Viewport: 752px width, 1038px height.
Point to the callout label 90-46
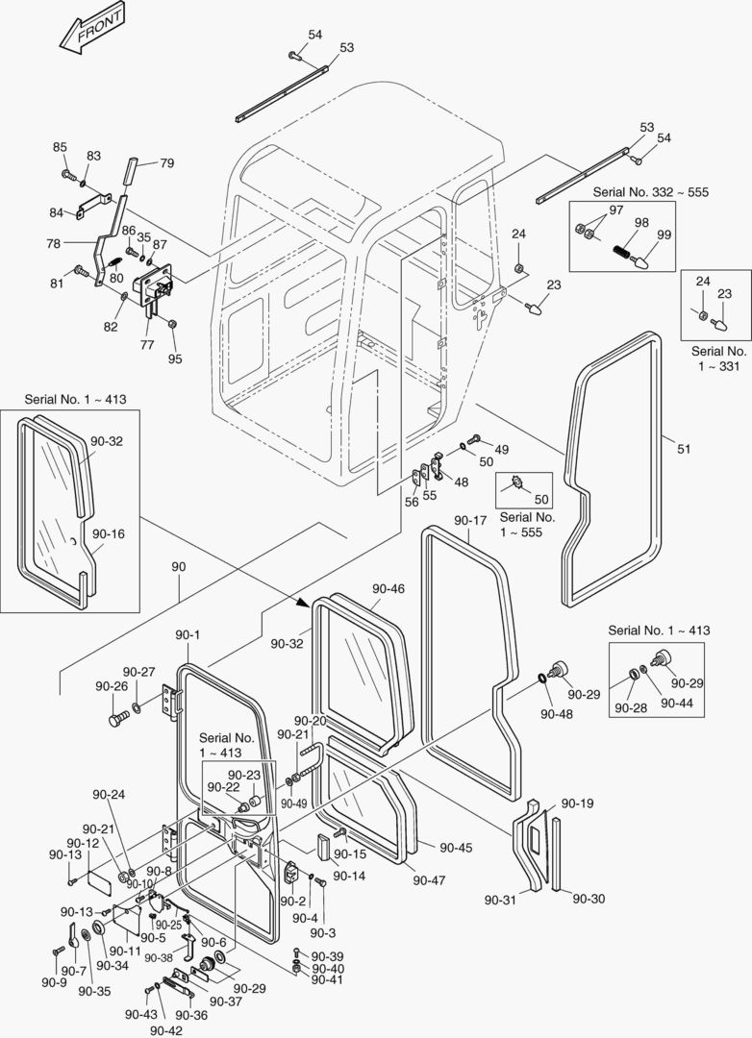(389, 588)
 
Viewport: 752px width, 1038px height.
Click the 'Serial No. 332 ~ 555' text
(650, 192)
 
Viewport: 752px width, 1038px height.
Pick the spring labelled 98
(626, 255)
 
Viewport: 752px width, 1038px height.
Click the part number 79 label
(166, 163)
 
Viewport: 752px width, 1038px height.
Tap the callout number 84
(57, 212)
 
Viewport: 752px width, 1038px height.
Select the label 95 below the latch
(174, 359)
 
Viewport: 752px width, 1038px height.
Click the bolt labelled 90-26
(118, 718)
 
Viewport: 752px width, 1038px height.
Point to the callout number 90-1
(187, 634)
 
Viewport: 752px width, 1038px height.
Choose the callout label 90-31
(500, 900)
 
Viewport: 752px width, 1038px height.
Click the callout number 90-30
(589, 898)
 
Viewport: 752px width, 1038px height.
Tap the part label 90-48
(555, 714)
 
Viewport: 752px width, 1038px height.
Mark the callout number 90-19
(577, 803)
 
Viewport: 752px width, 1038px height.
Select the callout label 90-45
(456, 847)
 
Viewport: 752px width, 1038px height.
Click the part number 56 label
(412, 501)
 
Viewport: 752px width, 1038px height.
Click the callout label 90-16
(108, 533)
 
